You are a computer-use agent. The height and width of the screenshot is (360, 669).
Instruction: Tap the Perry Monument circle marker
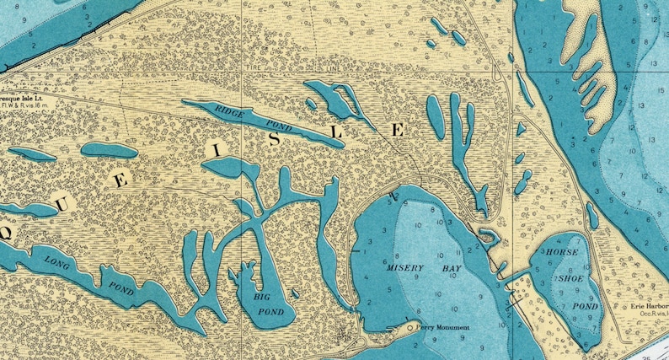pos(410,327)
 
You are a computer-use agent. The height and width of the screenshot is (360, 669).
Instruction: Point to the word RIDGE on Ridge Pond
pos(229,110)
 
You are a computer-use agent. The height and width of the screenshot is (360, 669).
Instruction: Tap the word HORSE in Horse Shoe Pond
pos(560,253)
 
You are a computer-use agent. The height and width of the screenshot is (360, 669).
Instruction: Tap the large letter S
pos(275,141)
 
